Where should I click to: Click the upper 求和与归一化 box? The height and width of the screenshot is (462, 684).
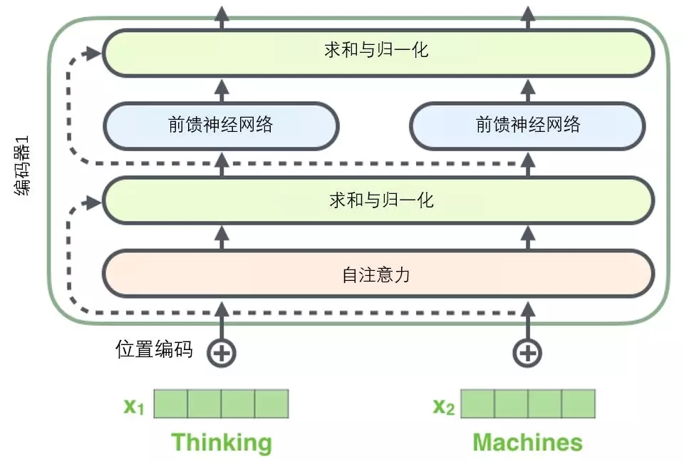(x=378, y=53)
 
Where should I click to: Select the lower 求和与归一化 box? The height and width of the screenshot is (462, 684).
(x=378, y=200)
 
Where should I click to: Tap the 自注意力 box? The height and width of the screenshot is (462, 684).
(x=378, y=274)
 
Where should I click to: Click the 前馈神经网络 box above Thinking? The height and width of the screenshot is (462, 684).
(x=221, y=126)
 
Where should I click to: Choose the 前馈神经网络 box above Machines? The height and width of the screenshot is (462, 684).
(x=528, y=126)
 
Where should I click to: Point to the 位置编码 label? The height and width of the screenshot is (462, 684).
(x=154, y=349)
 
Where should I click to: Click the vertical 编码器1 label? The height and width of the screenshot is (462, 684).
(x=23, y=166)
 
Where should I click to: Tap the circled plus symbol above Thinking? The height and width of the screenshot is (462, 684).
(x=222, y=353)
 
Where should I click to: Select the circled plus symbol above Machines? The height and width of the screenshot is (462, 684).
(x=528, y=353)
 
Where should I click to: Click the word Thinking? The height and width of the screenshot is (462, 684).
(x=222, y=443)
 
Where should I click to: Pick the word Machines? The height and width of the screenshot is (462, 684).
(x=528, y=442)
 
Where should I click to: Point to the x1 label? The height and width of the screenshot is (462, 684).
(x=133, y=406)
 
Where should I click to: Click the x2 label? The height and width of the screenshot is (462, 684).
(x=444, y=406)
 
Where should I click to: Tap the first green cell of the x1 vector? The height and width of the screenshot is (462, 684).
(x=170, y=404)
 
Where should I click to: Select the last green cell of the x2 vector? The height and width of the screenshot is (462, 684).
(x=579, y=404)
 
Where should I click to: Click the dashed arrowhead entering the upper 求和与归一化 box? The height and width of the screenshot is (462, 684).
(x=93, y=53)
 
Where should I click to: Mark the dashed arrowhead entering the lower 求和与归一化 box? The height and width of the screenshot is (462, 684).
(x=93, y=202)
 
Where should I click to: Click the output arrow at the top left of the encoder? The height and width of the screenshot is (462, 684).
(x=222, y=17)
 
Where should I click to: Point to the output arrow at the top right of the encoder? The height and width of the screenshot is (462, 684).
(x=528, y=17)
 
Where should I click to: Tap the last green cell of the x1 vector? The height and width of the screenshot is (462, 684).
(x=271, y=404)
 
